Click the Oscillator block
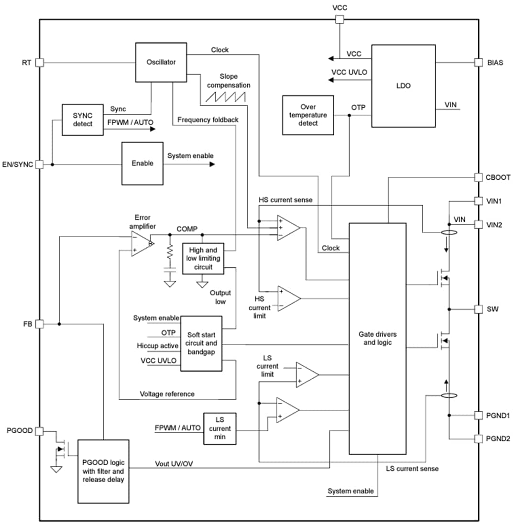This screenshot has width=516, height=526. click(161, 62)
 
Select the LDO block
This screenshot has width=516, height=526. click(403, 86)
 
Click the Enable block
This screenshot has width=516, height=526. click(142, 163)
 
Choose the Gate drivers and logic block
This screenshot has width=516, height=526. click(377, 338)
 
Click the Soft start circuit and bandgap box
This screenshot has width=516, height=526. click(201, 343)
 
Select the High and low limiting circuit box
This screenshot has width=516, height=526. click(204, 258)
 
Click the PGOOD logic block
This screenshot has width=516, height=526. click(103, 471)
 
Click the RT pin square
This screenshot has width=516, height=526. click(40, 63)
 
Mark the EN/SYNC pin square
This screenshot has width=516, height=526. click(40, 164)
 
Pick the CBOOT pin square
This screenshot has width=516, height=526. click(478, 177)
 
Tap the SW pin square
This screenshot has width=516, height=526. click(478, 309)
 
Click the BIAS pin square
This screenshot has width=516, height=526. click(478, 62)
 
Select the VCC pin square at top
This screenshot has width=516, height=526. click(340, 20)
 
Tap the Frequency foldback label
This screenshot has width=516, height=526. click(207, 120)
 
